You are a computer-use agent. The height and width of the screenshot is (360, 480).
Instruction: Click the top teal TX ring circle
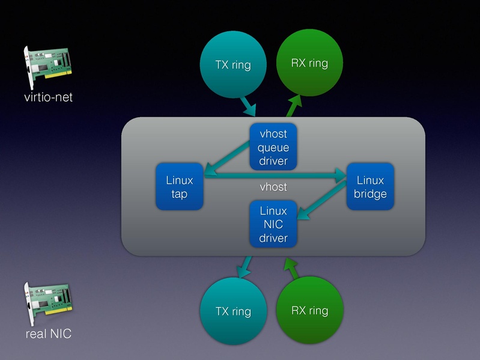point(232,64)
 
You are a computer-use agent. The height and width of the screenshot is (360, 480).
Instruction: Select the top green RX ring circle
point(309,63)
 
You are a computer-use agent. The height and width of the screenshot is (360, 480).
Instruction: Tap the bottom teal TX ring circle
point(233,311)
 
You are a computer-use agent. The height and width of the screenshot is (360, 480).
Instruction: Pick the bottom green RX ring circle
point(309,310)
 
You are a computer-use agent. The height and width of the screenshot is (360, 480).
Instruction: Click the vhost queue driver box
point(273,147)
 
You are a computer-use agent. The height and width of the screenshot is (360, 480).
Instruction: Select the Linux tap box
point(180,186)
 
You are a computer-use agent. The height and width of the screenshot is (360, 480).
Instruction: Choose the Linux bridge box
point(370,186)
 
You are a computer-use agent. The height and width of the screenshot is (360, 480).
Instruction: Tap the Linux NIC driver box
point(273,224)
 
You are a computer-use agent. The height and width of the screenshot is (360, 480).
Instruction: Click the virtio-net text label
point(49,96)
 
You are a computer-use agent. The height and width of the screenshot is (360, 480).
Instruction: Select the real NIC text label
point(48,334)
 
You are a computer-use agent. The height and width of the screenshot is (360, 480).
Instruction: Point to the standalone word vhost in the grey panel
point(273,187)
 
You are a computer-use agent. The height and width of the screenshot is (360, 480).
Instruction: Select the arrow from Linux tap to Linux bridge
point(276,175)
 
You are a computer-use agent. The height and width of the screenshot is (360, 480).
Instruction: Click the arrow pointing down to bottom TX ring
point(245,267)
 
